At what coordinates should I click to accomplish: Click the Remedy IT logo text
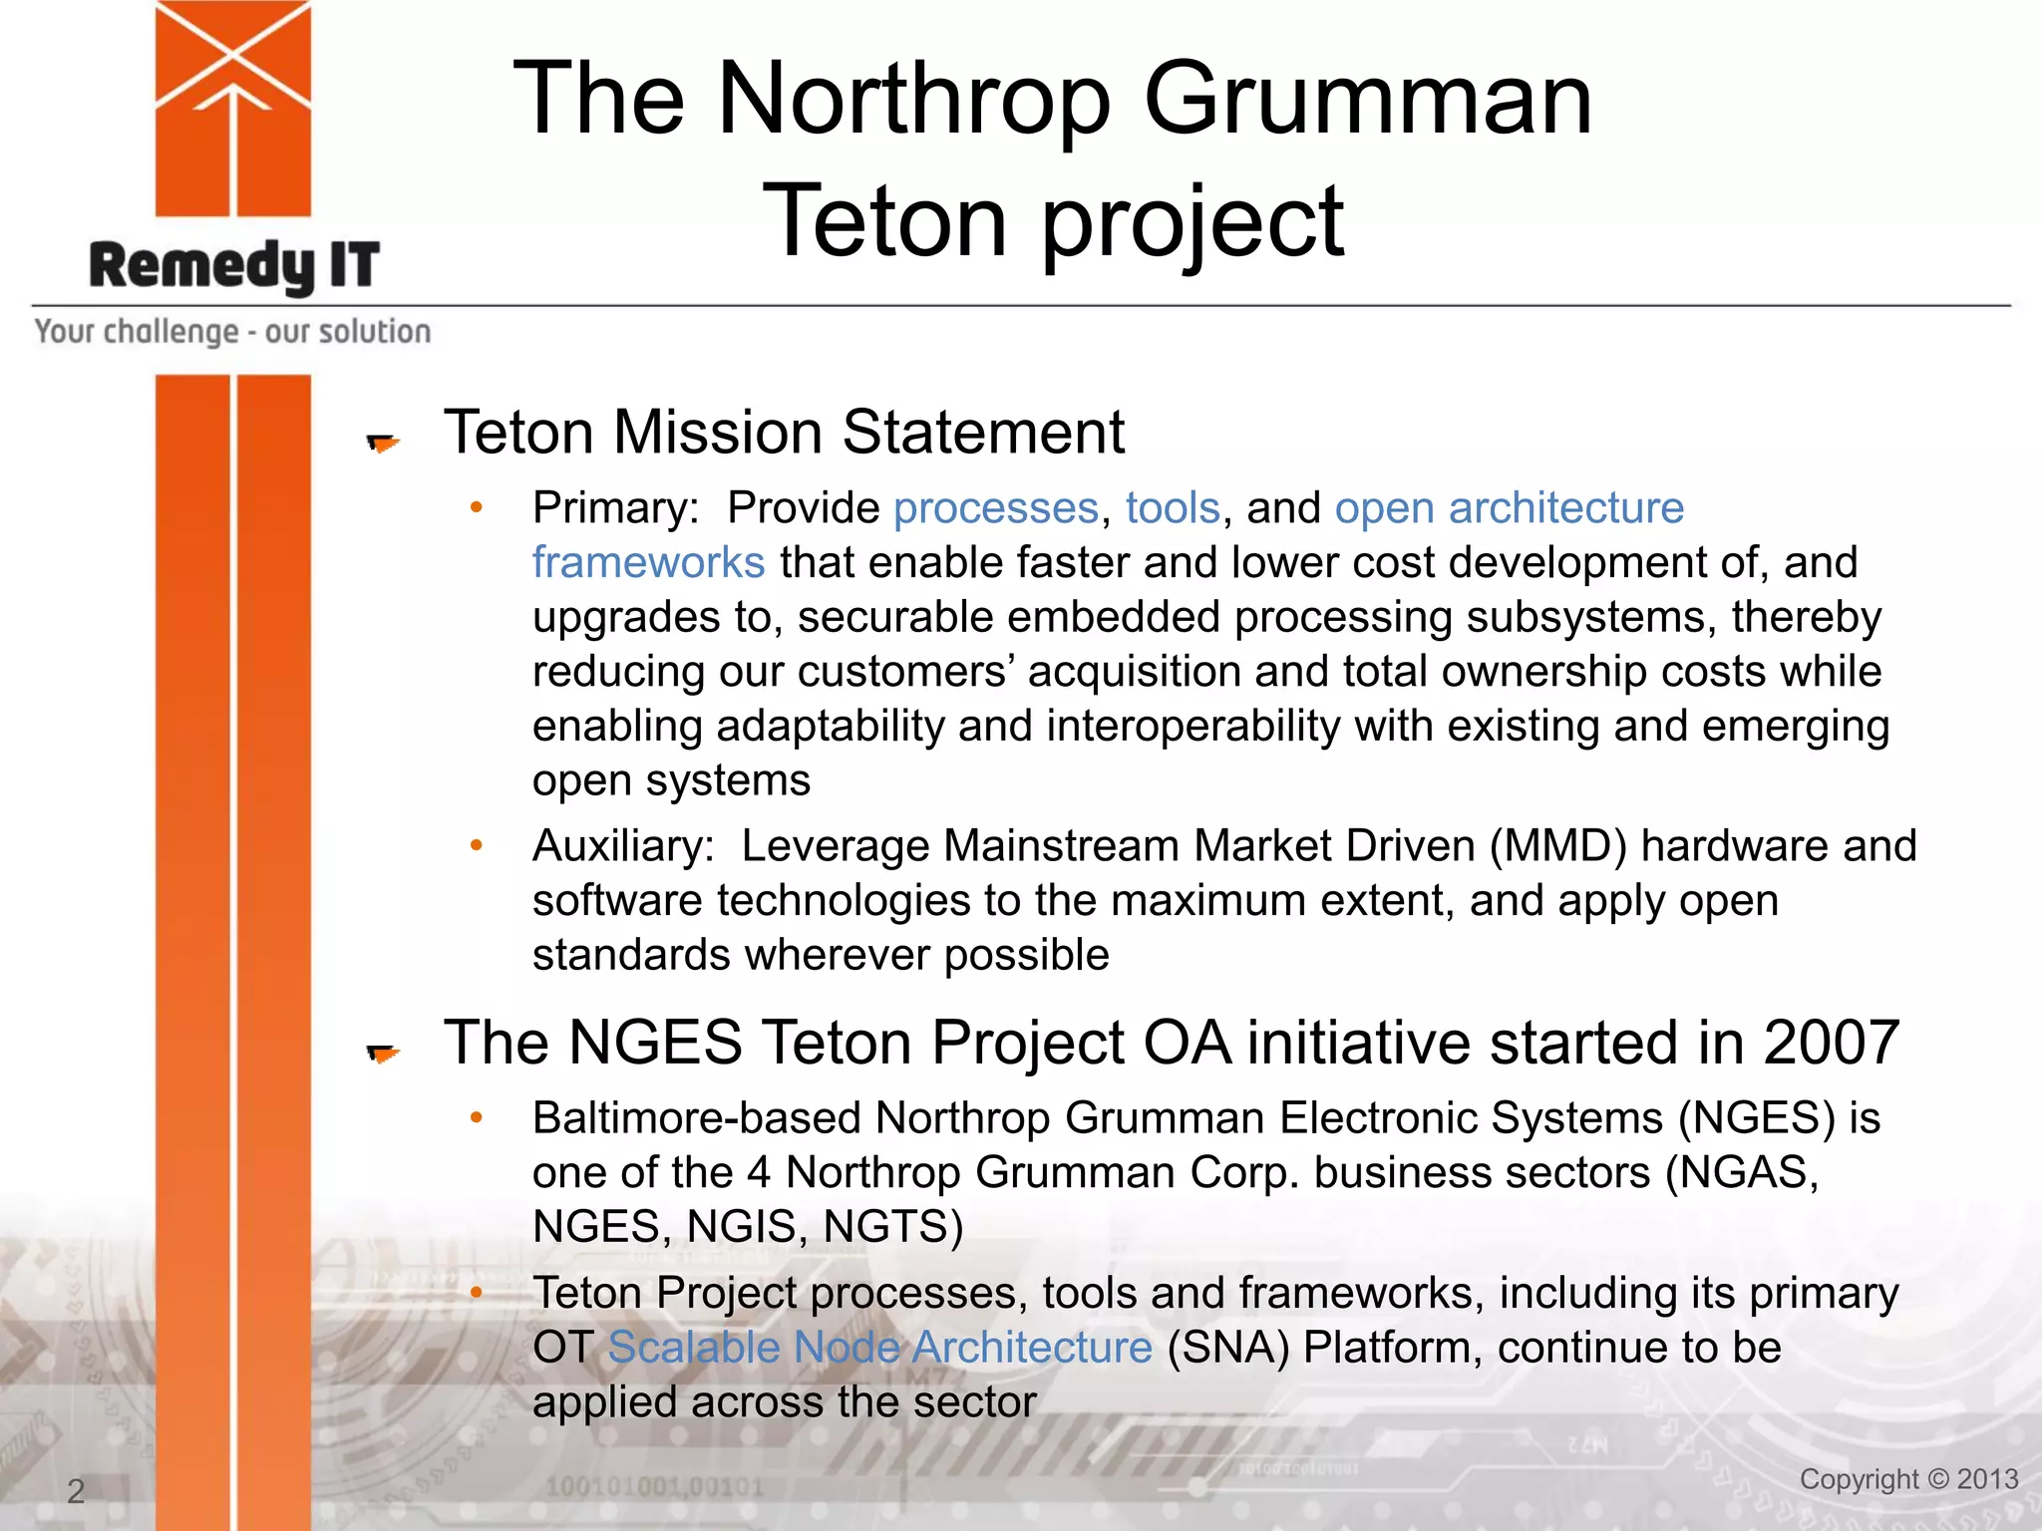coord(234,266)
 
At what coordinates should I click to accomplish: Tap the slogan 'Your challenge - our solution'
coord(232,331)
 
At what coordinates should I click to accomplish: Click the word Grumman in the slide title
coord(1367,99)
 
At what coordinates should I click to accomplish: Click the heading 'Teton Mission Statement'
coord(784,433)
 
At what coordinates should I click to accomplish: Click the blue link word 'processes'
coord(996,508)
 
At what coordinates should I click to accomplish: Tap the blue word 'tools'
coord(1173,508)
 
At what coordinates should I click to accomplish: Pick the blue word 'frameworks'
coord(648,563)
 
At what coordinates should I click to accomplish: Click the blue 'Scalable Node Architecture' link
coord(879,1348)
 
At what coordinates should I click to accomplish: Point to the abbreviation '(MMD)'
coord(1558,846)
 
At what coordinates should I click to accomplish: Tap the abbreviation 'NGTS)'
coord(893,1227)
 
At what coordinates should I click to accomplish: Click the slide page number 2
coord(76,1491)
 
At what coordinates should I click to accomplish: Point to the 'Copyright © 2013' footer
coord(1908,1479)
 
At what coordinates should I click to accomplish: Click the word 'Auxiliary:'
coord(623,846)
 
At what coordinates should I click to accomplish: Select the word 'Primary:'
coord(615,508)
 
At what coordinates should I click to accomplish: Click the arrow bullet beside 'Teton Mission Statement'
coord(382,443)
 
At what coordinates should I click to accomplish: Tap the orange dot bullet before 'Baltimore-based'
coord(477,1118)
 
